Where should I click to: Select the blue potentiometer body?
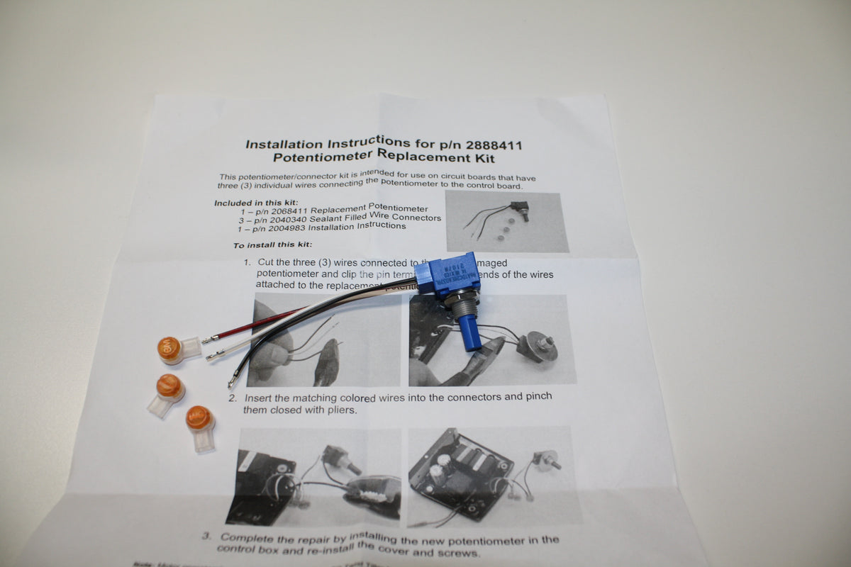[448, 274]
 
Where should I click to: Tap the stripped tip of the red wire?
[211, 340]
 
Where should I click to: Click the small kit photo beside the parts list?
[506, 221]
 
